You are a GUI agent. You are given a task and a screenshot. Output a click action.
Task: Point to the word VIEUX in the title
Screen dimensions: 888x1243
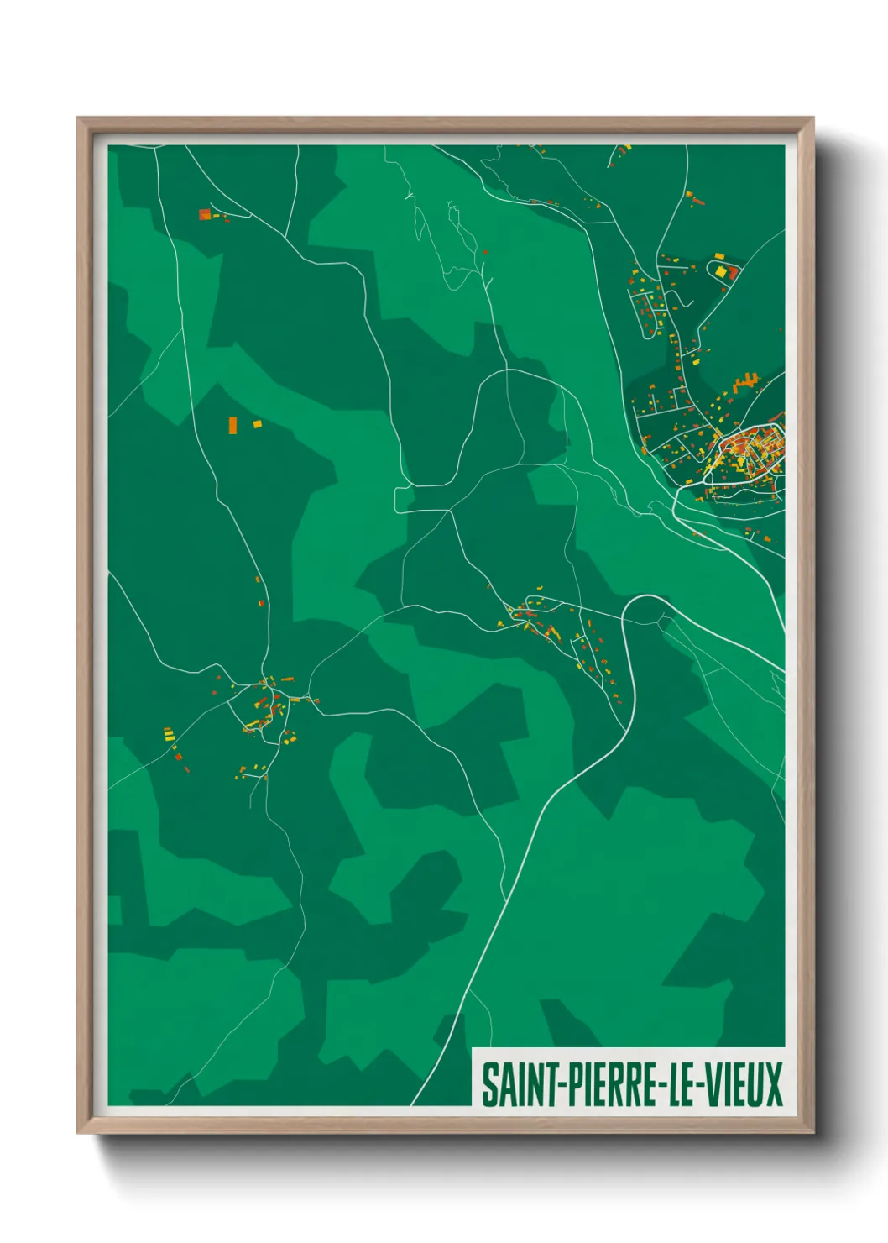click(743, 1084)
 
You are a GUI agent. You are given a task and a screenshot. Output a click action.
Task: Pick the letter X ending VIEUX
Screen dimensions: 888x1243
click(773, 1084)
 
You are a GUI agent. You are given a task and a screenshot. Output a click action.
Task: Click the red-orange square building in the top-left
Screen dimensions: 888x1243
click(204, 214)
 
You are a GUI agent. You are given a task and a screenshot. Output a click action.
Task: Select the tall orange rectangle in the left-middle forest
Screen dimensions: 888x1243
click(232, 426)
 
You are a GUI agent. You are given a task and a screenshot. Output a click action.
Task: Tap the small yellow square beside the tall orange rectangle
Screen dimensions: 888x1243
click(257, 424)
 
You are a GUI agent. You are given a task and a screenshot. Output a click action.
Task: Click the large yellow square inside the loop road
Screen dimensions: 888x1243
click(721, 271)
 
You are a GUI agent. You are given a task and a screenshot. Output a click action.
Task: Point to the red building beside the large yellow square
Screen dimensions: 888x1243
click(732, 273)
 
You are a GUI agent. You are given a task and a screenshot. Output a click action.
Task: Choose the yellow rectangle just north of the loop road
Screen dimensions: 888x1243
click(718, 255)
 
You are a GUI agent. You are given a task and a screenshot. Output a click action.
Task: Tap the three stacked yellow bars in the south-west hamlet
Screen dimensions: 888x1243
click(168, 735)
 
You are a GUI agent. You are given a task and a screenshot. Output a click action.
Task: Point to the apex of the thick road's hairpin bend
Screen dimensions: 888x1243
click(647, 596)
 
